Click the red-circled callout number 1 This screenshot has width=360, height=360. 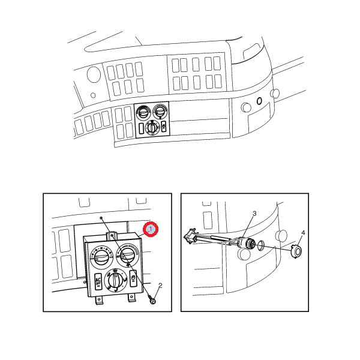(151, 229)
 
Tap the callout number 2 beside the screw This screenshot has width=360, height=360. (160, 286)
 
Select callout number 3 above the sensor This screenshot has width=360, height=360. (254, 214)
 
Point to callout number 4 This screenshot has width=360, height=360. (303, 233)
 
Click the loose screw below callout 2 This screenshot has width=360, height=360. (152, 300)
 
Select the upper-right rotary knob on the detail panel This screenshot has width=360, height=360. (128, 255)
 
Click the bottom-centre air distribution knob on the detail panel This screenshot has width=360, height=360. (115, 280)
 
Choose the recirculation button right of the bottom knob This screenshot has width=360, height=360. (133, 278)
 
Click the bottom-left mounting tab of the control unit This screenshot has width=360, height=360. (99, 301)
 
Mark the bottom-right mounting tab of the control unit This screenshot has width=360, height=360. (131, 298)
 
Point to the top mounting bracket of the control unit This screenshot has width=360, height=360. (112, 236)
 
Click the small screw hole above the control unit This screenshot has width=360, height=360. (101, 217)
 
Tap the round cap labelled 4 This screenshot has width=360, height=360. (296, 251)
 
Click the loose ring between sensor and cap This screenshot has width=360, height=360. (261, 246)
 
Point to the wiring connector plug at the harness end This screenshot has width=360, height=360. (191, 236)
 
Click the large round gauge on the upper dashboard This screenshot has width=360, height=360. (94, 74)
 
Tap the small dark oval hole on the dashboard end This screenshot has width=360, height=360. (259, 101)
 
